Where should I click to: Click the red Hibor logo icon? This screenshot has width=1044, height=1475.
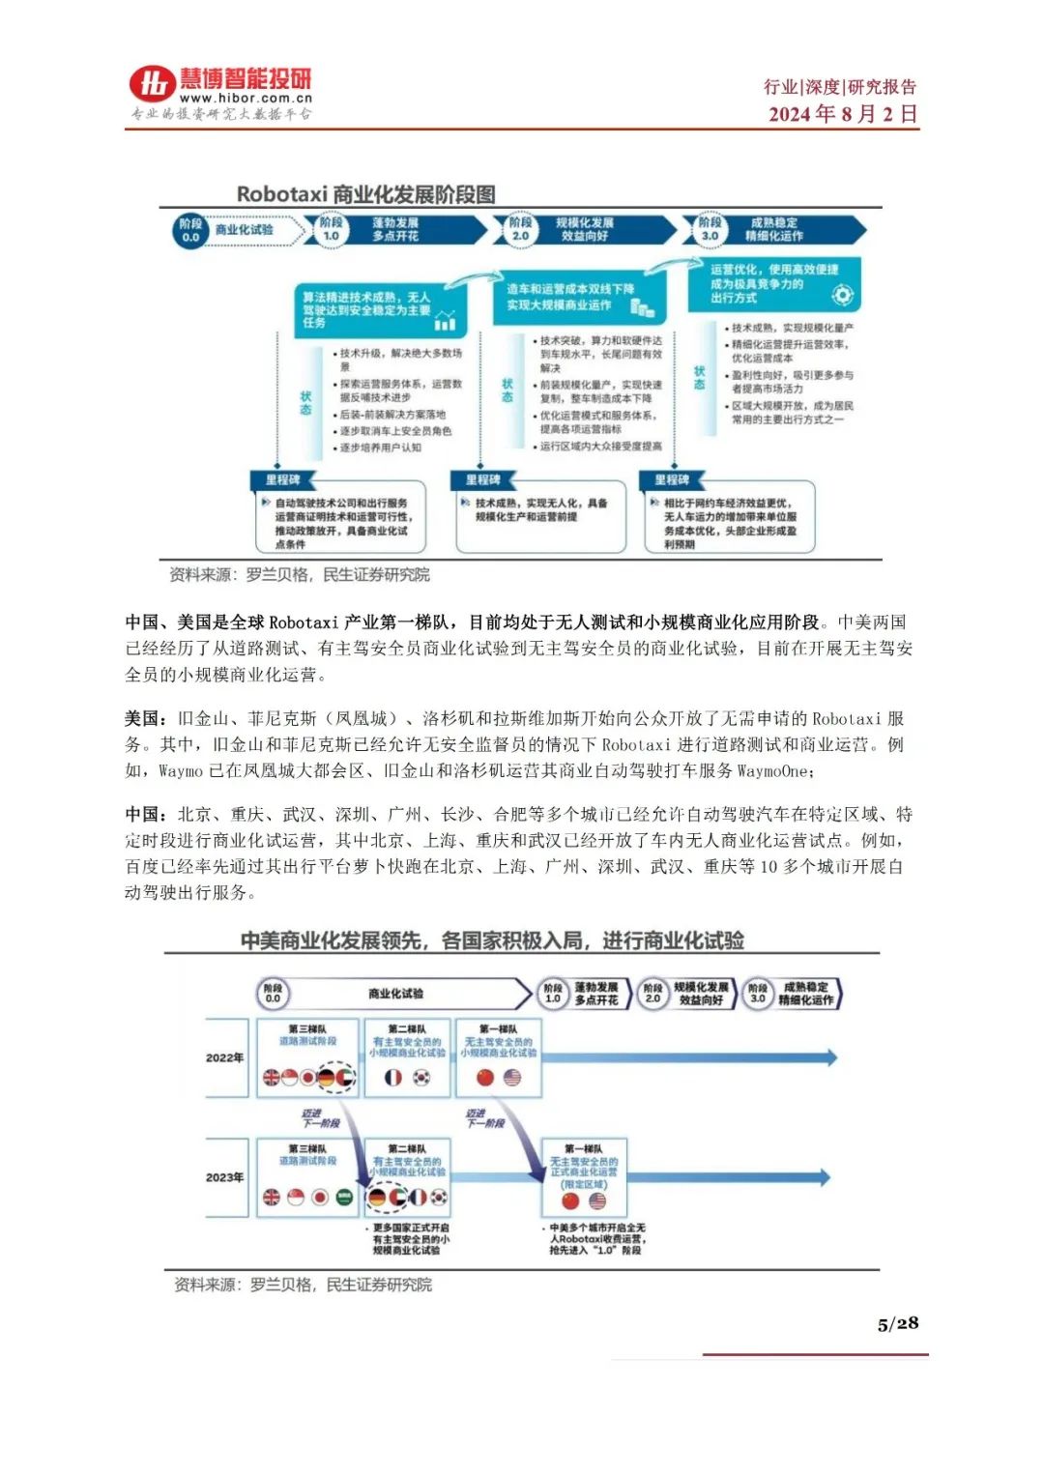pos(153,85)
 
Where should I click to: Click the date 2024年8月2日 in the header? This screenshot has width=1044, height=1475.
pos(842,114)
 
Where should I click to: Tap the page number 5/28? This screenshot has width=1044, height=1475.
pos(897,1323)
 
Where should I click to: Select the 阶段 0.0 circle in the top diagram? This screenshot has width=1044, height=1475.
pos(190,230)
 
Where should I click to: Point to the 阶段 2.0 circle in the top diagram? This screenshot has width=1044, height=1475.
pos(520,229)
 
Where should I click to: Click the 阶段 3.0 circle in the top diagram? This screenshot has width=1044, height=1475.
pos(710,229)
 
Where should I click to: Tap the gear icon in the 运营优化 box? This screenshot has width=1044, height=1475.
pos(842,294)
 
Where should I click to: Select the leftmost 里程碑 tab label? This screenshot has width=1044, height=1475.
pos(282,479)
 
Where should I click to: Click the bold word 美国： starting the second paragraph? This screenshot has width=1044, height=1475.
pos(147,718)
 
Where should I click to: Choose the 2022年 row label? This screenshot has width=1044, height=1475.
pos(224,1057)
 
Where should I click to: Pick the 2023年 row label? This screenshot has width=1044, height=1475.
pos(224,1177)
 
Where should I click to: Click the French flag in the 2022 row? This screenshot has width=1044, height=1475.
pos(393,1077)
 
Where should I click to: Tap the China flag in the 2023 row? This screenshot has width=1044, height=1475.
pos(570,1200)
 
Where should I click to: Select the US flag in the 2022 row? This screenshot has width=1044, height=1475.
pos(512,1077)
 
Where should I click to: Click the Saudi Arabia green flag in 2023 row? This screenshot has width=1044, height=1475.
pos(344,1198)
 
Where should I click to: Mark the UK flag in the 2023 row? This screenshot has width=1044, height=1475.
pos(272,1198)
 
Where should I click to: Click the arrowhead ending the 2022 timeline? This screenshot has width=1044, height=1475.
pos(826,1057)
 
